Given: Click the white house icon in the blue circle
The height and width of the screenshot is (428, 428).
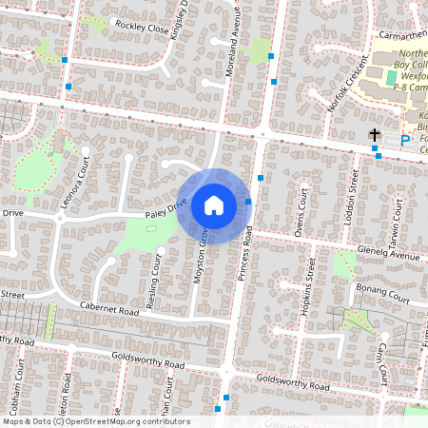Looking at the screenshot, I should (214, 204).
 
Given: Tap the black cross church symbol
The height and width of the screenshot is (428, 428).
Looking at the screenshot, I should (376, 135).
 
